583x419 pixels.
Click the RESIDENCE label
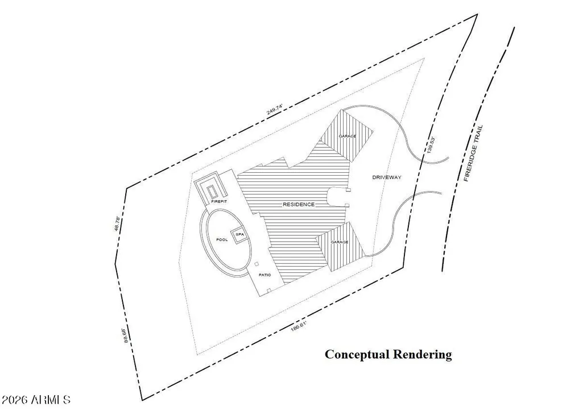[299, 205]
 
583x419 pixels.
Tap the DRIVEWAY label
[387, 177]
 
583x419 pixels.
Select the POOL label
[222, 240]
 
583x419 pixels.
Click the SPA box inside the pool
[239, 235]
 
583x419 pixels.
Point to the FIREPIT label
[219, 201]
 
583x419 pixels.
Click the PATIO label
[264, 275]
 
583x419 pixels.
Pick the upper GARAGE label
[348, 136]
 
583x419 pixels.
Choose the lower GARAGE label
[340, 242]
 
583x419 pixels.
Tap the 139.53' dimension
[431, 145]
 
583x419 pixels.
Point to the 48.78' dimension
[117, 224]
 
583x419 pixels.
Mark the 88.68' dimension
[126, 335]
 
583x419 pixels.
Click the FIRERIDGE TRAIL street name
[473, 153]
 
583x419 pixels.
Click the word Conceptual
[358, 355]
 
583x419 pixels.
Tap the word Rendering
[423, 355]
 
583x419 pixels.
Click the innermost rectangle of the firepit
[213, 192]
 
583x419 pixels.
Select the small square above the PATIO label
[256, 264]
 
